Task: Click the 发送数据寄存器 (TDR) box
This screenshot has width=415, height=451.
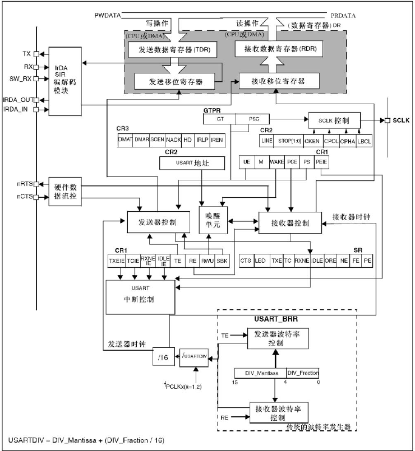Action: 169,50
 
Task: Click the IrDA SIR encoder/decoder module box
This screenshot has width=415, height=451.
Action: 64,81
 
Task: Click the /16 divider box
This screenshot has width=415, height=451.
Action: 163,356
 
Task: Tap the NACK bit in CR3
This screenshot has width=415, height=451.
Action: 174,140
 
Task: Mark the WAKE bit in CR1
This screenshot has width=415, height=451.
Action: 276,162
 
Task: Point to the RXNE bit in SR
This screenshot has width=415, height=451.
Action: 302,261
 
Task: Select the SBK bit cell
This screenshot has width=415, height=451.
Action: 223,261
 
